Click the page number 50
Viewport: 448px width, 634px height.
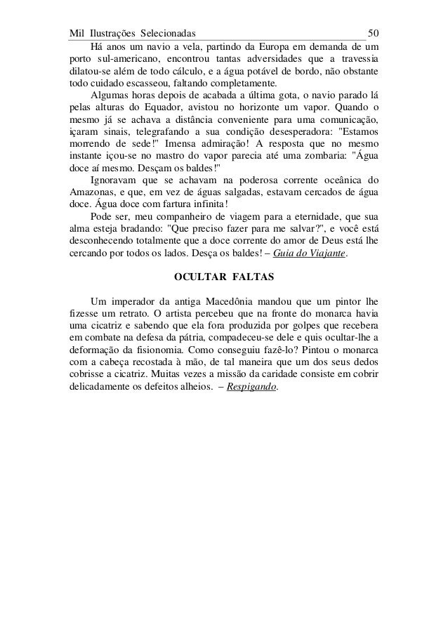point(374,34)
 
